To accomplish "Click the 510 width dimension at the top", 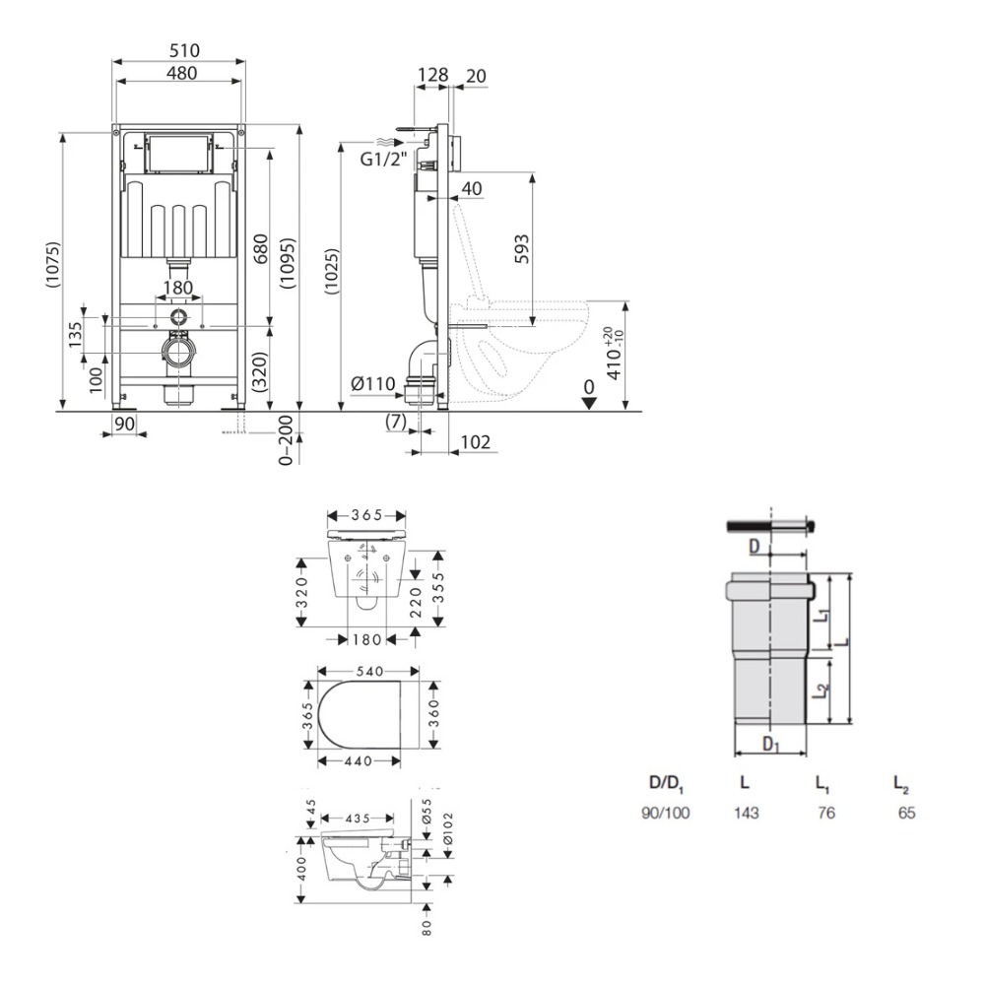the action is pyautogui.click(x=184, y=50).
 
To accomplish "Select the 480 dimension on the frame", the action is pyautogui.click(x=181, y=73).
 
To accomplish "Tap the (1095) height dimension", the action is pyautogui.click(x=288, y=263).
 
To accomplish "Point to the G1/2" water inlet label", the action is pyautogui.click(x=383, y=159).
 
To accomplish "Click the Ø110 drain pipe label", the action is pyautogui.click(x=373, y=383).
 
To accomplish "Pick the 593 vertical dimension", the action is pyautogui.click(x=521, y=249).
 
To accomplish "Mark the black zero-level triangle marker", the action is pyautogui.click(x=589, y=403).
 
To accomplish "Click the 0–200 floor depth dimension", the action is pyautogui.click(x=286, y=439).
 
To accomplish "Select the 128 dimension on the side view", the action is pyautogui.click(x=432, y=75).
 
